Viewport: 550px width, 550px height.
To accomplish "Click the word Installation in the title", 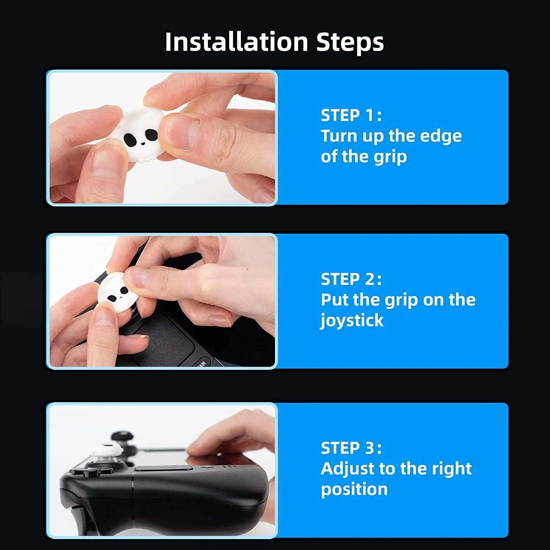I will (x=236, y=42).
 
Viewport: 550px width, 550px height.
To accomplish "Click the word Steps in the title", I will (x=350, y=43).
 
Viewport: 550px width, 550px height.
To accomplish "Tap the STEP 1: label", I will (x=351, y=115).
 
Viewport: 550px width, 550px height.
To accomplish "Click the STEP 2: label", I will (x=351, y=279).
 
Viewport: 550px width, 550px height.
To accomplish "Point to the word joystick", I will (x=352, y=321).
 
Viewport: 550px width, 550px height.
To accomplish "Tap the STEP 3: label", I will (x=351, y=448).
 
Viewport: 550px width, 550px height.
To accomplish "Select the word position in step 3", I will (x=354, y=489).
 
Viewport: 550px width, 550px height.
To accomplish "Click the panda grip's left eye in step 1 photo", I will (x=130, y=139).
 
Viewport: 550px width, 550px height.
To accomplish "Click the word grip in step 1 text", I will (x=390, y=157).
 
